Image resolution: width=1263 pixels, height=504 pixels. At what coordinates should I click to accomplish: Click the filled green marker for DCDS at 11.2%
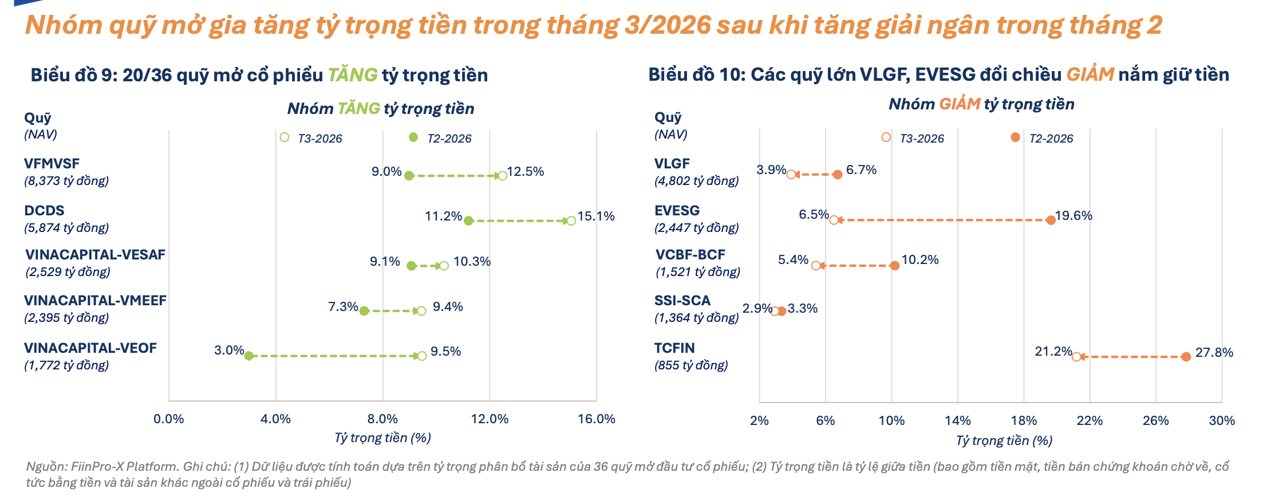point(468,220)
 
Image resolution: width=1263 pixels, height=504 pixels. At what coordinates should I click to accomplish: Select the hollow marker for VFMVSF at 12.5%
point(502,176)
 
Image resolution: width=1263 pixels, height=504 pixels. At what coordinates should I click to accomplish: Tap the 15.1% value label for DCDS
point(596,216)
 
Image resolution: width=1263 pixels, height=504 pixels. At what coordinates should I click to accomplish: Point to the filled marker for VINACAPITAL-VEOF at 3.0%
point(248,356)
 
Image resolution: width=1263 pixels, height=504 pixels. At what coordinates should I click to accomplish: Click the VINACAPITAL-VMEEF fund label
point(95,301)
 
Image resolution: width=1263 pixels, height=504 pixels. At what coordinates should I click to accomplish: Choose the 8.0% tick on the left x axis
point(382,419)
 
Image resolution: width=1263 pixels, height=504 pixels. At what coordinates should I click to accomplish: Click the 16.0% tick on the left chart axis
point(596,419)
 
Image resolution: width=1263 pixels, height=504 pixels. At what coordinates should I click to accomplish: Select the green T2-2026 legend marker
point(413,137)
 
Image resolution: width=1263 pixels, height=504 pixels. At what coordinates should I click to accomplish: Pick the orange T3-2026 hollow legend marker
point(886,137)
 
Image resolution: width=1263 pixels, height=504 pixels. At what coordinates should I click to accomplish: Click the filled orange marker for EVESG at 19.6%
point(1051,220)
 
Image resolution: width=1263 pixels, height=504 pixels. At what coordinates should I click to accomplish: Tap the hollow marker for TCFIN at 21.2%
point(1076,357)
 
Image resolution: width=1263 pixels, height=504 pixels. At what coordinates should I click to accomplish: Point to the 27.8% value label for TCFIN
point(1214,352)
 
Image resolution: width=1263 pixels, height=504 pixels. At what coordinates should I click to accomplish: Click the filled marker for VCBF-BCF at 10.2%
point(894,265)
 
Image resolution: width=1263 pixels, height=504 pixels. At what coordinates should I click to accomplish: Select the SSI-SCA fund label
point(682,301)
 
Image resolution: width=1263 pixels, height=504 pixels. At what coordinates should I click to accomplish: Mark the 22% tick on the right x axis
point(1090,420)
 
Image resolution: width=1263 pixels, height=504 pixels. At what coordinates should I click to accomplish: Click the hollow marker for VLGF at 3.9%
point(791,175)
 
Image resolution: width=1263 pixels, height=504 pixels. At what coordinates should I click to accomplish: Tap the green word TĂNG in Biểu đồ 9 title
point(352,75)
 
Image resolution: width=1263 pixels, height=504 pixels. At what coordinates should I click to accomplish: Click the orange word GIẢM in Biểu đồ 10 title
point(1090,74)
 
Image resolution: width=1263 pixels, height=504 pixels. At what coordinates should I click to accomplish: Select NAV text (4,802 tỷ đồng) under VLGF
point(696,181)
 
